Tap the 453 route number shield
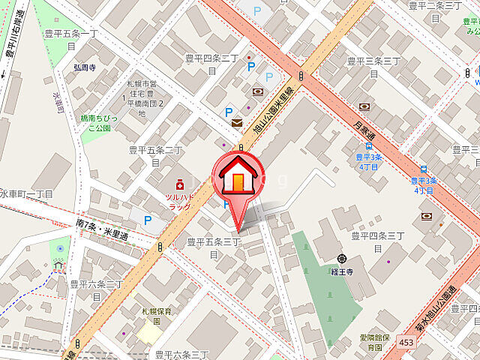[x=406, y=343]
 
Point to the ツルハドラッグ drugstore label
[x=180, y=201]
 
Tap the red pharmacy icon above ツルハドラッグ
[x=179, y=184]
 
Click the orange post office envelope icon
[x=237, y=123]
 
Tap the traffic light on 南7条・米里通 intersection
[x=160, y=247]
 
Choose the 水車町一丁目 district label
[x=27, y=193]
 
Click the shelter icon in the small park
[x=58, y=264]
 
